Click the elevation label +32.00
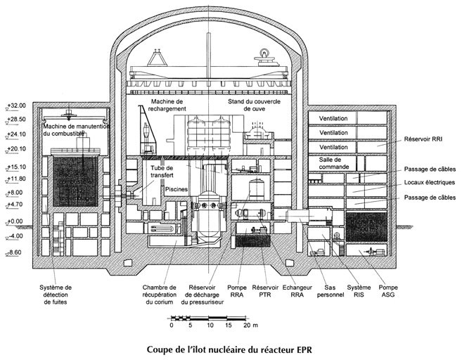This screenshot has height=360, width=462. click(15, 105)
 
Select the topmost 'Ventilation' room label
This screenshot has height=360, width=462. click(335, 117)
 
